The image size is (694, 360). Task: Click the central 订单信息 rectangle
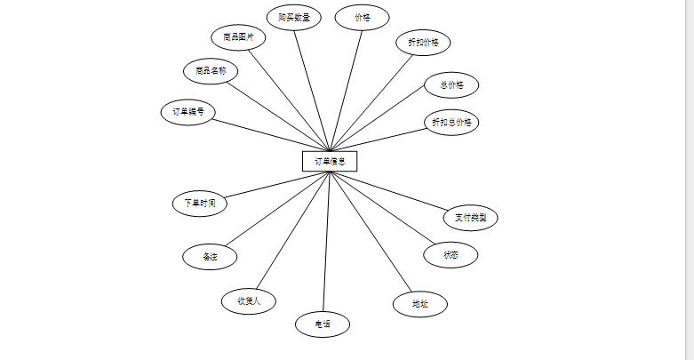330,161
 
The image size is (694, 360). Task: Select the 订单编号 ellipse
188,112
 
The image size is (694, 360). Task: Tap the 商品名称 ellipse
211,70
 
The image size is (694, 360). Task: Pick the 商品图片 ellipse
238,37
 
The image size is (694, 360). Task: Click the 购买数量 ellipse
294,17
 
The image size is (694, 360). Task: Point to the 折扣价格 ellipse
423,43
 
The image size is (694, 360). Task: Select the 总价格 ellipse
451,85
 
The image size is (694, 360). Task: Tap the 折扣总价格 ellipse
451,122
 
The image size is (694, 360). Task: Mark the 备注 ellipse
210,257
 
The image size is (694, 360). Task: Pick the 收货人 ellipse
249,300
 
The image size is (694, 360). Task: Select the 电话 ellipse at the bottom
323,324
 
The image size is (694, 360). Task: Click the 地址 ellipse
419,304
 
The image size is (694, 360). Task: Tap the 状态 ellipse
451,255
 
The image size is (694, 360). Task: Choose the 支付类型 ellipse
471,217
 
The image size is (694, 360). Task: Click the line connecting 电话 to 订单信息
326,242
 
